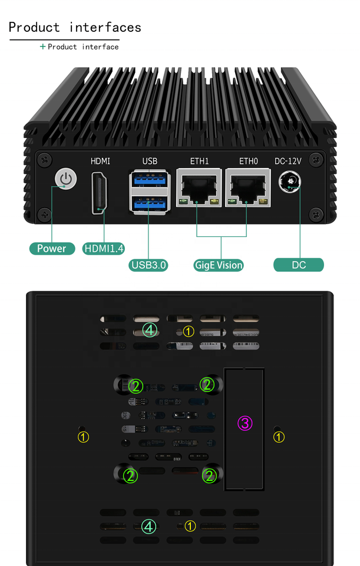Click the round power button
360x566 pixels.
click(66, 179)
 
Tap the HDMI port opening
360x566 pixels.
click(100, 192)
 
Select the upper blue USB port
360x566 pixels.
click(150, 180)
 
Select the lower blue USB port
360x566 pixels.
click(150, 203)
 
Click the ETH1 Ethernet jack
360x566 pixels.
click(199, 189)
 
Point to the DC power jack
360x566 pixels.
click(290, 182)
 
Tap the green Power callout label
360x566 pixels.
click(52, 248)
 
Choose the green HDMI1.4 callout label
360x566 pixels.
click(104, 248)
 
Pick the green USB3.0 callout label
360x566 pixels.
click(149, 265)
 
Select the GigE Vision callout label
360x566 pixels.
click(219, 265)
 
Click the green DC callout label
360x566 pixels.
click(299, 265)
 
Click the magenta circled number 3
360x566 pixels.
click(245, 423)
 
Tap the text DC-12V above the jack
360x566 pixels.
click(288, 161)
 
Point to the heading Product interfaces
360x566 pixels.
click(75, 27)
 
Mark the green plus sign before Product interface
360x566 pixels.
click(42, 47)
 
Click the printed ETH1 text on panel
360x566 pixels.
click(199, 161)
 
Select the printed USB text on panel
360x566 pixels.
click(150, 161)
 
